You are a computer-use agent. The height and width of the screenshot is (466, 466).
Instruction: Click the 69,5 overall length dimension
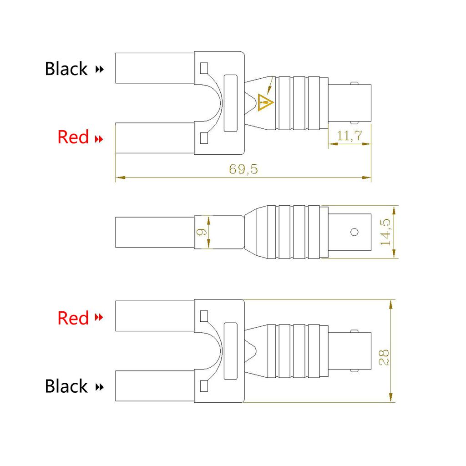click(x=243, y=170)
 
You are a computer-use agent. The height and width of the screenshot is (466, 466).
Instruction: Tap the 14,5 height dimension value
click(x=386, y=232)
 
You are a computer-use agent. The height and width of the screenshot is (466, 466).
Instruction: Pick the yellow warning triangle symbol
click(x=265, y=102)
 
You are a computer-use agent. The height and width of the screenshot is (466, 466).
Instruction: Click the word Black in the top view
click(x=66, y=69)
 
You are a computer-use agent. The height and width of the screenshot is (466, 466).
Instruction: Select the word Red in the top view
click(x=73, y=137)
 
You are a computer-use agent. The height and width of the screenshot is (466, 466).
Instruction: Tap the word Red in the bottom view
click(x=73, y=318)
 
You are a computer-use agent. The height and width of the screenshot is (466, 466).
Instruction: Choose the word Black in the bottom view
click(x=66, y=386)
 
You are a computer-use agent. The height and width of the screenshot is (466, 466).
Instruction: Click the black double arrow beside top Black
click(x=99, y=70)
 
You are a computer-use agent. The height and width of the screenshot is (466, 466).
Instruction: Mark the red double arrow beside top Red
click(x=98, y=138)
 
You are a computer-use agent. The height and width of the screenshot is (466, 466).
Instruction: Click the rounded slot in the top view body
click(x=231, y=103)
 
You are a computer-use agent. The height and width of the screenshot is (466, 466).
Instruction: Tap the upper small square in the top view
click(x=204, y=69)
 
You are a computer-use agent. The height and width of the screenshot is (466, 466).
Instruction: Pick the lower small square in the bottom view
click(x=204, y=386)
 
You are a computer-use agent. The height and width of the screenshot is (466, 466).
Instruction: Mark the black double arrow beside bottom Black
click(x=99, y=387)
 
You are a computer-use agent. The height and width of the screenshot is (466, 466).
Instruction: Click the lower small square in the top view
click(x=204, y=137)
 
